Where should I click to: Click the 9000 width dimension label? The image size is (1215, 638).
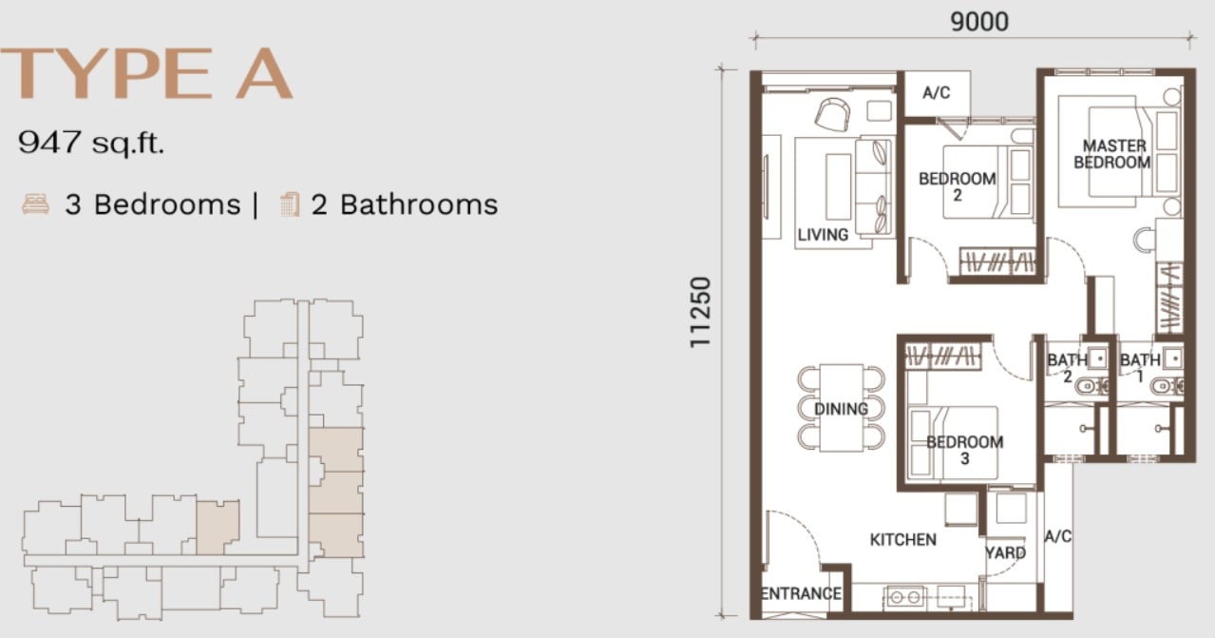pos(979,22)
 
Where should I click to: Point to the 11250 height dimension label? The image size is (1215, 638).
pos(700,312)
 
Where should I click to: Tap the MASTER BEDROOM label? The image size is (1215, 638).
pos(1112,154)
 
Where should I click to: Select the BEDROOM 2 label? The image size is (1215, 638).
pos(958,186)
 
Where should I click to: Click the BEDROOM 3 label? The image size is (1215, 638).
pos(965,450)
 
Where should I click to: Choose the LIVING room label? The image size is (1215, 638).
pos(823,235)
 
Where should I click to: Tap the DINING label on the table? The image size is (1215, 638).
pos(842,409)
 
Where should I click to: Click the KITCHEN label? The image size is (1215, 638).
pos(903,540)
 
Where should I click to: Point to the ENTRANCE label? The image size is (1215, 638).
pos(801,593)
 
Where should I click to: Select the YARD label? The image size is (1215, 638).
pos(1006,552)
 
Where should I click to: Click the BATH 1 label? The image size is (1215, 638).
pos(1140,368)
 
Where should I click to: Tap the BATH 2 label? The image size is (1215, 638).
pos(1068,368)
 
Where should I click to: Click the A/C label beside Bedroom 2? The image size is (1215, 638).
pos(937,93)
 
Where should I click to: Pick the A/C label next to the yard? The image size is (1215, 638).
pos(1057,536)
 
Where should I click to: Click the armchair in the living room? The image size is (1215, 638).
pos(832,114)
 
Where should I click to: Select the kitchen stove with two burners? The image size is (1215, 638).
pos(904,597)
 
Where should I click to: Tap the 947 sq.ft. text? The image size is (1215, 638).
pos(91,144)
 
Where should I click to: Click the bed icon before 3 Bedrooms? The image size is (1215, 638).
pos(36,204)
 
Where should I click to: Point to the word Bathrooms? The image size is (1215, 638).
pos(419,204)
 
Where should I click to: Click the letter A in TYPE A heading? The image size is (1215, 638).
pos(264,74)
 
